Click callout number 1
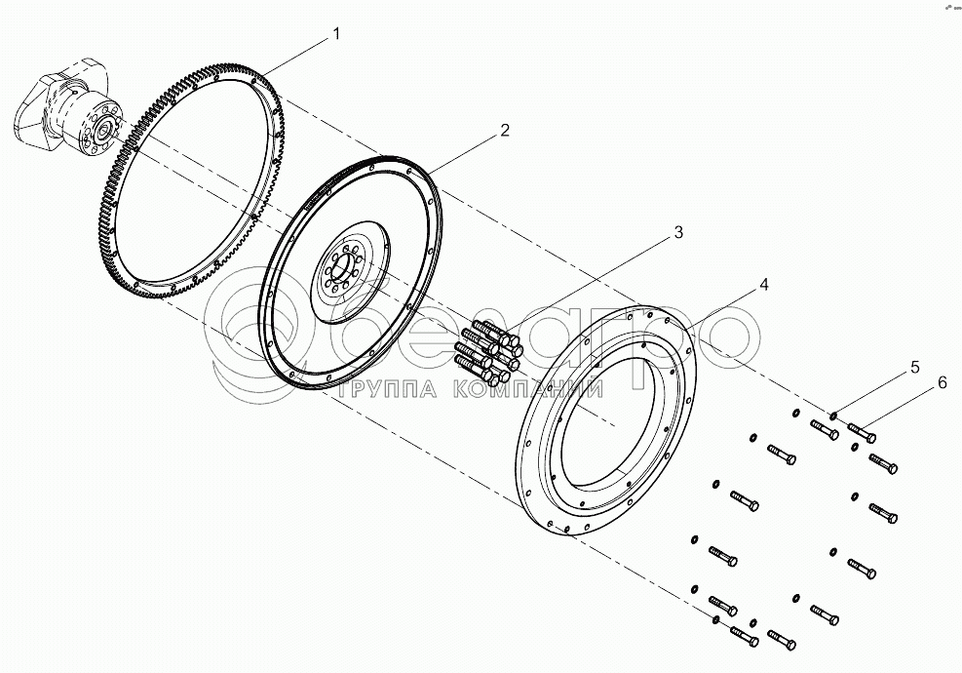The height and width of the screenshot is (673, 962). pyautogui.click(x=335, y=34)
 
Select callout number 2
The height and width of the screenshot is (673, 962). pyautogui.click(x=504, y=131)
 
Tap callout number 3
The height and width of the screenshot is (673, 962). pyautogui.click(x=677, y=233)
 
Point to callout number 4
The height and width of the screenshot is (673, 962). pyautogui.click(x=764, y=285)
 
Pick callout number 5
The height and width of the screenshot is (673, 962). pyautogui.click(x=914, y=368)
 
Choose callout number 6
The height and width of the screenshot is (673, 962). pyautogui.click(x=942, y=383)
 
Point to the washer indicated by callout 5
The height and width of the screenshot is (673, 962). pyautogui.click(x=834, y=417)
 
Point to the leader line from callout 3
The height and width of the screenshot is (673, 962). pyautogui.click(x=595, y=283)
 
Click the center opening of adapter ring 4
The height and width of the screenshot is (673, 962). pyautogui.click(x=609, y=410)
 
